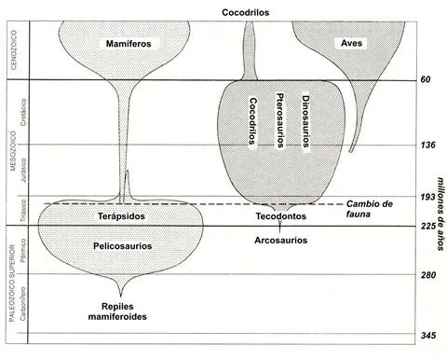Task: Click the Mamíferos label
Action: (128, 44)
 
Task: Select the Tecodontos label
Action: (281, 216)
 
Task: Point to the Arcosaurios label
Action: (281, 240)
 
